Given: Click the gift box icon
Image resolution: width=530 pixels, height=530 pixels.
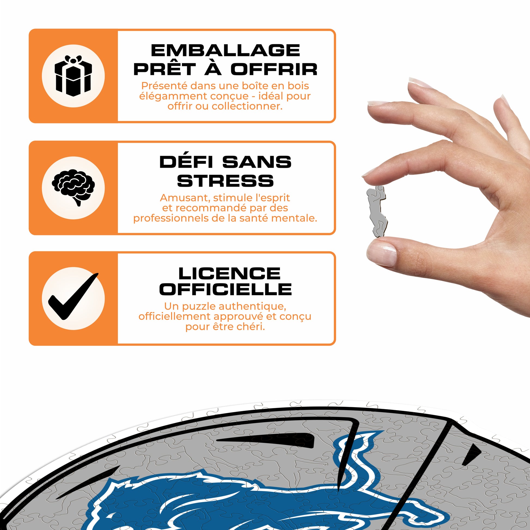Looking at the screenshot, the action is pyautogui.click(x=73, y=76).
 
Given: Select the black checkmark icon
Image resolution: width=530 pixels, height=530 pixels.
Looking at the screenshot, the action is pyautogui.click(x=73, y=296).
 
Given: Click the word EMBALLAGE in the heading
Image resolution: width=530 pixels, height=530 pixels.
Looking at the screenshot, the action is pyautogui.click(x=226, y=50).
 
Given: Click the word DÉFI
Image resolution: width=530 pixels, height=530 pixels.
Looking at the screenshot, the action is pyautogui.click(x=186, y=162).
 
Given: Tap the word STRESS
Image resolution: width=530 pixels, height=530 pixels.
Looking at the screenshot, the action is pyautogui.click(x=226, y=181).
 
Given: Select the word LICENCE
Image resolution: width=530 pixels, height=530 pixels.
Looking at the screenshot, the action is pyautogui.click(x=229, y=273).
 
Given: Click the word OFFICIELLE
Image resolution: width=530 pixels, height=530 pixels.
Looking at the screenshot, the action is pyautogui.click(x=226, y=290).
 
